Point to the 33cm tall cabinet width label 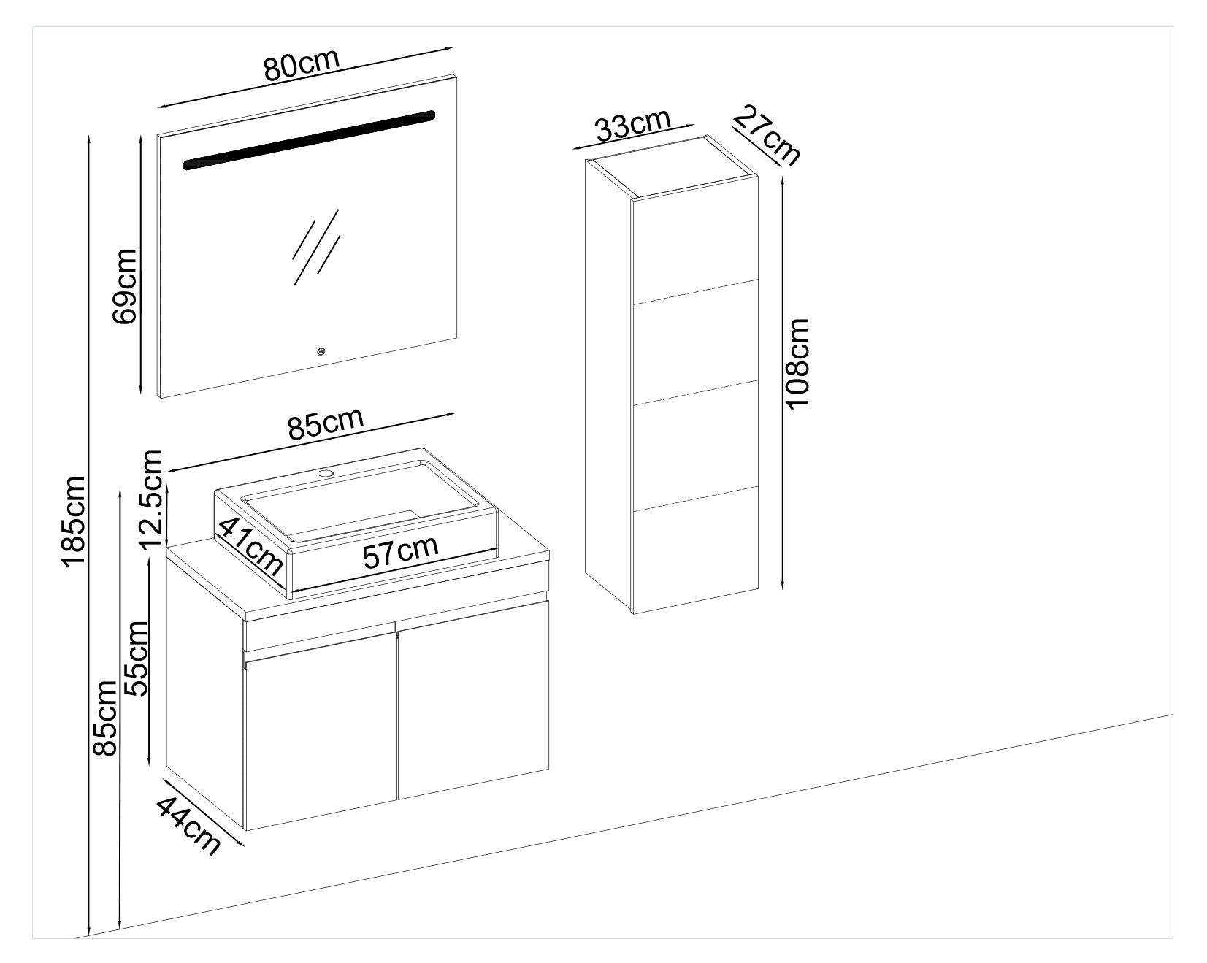click(x=632, y=127)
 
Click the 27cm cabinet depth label click(x=767, y=135)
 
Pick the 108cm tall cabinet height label click(x=799, y=363)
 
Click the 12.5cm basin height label click(x=153, y=499)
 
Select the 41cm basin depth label click(x=250, y=545)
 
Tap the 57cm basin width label click(x=401, y=552)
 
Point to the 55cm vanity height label click(x=137, y=659)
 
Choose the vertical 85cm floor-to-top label click(x=104, y=718)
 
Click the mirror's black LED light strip click(x=308, y=138)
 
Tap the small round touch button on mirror click(x=321, y=352)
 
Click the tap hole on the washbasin click(x=325, y=474)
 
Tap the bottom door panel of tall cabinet click(x=696, y=555)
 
